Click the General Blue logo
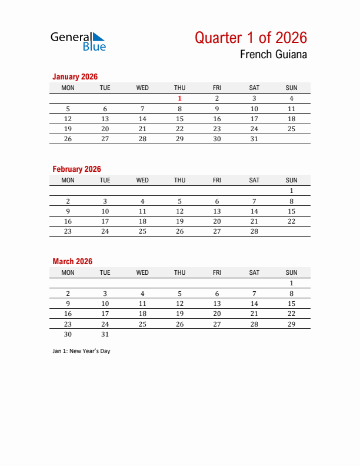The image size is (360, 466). point(78,41)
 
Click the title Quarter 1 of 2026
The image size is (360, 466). point(251,38)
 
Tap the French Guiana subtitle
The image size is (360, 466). point(273,55)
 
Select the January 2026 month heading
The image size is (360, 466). point(75,76)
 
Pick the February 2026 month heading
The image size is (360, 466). point(76,169)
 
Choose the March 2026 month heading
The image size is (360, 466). point(72,261)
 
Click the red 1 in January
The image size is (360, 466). point(180,99)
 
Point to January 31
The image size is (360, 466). point(254,139)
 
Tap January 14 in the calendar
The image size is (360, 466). point(142,119)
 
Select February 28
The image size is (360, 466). point(254,231)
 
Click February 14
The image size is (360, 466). point(254,211)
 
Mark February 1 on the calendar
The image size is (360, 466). point(291,191)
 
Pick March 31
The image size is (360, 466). point(105,334)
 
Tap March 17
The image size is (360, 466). point(105,314)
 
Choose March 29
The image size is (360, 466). point(291,324)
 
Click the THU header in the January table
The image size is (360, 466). point(180,88)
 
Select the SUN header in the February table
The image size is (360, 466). point(291,180)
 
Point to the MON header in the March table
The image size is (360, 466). point(68,272)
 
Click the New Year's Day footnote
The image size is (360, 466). point(81,351)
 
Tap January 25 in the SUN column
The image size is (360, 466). point(291,129)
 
